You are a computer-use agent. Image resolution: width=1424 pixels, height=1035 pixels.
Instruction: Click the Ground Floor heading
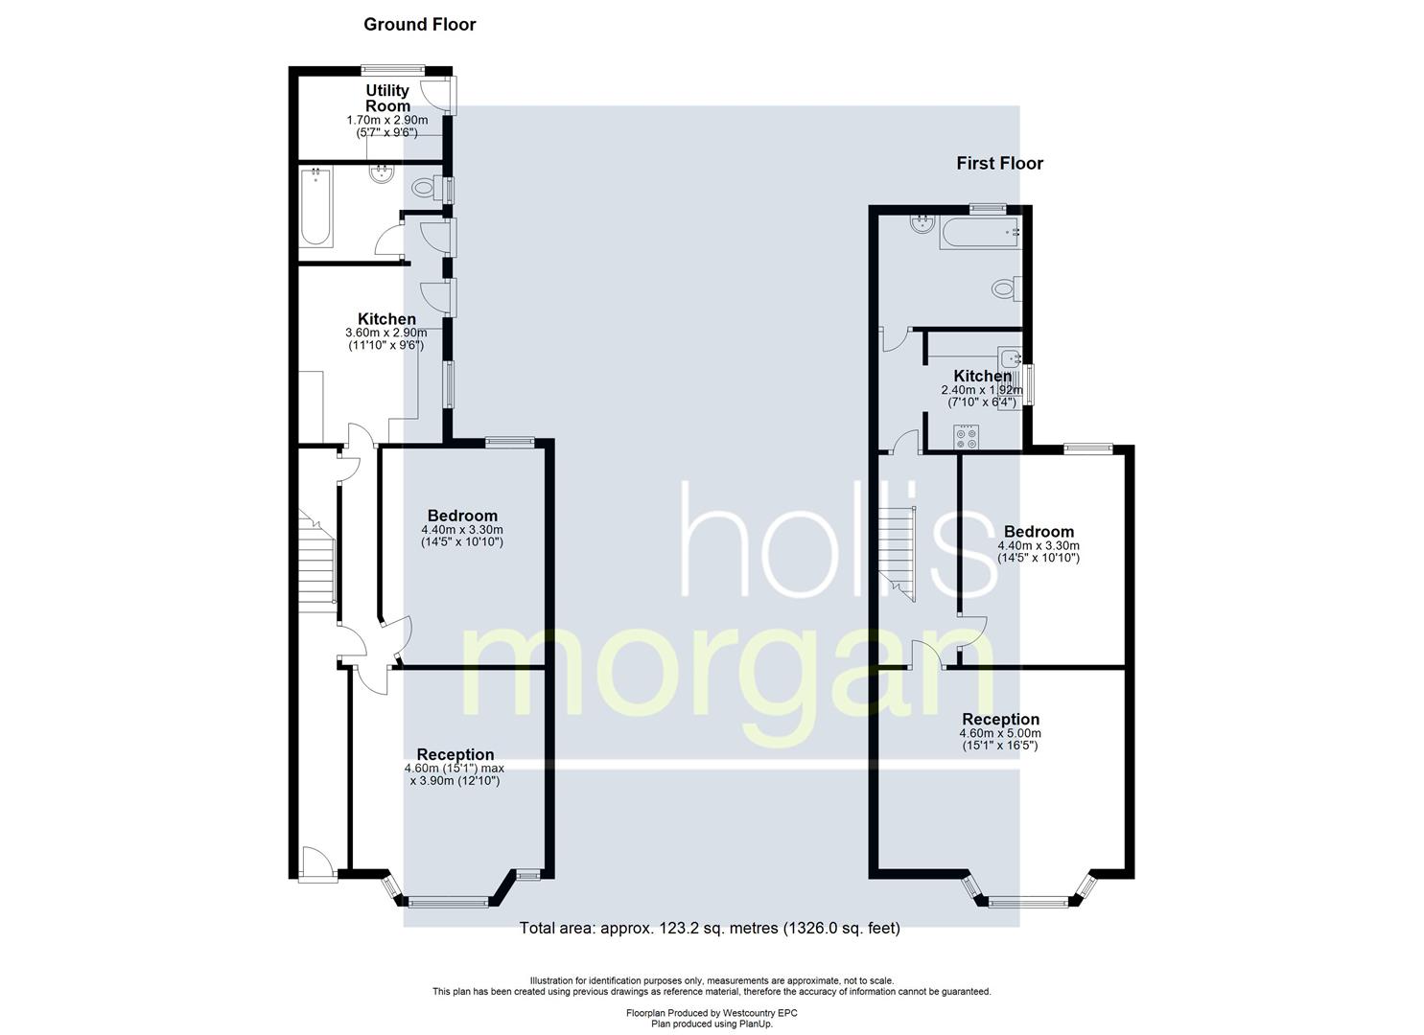click(x=420, y=25)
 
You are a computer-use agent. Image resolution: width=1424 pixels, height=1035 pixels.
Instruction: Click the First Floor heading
click(x=1000, y=164)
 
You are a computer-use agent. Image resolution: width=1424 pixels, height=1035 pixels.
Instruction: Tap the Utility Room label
click(x=387, y=98)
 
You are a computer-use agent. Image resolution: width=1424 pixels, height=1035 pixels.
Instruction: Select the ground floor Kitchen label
click(x=386, y=319)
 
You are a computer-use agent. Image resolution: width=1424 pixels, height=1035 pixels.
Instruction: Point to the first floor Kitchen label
click(x=982, y=376)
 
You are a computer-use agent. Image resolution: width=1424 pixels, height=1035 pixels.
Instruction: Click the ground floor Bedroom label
click(x=462, y=516)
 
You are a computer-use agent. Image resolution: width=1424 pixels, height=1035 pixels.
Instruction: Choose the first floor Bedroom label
click(x=1039, y=532)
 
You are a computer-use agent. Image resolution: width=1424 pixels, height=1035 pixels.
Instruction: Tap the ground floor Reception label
click(x=455, y=755)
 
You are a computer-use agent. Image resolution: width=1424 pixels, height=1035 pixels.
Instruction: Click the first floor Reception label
click(x=1000, y=720)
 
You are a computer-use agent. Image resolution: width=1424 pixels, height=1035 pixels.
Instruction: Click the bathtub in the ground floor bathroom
click(x=315, y=207)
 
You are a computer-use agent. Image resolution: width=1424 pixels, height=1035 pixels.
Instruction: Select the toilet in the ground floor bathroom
click(x=428, y=188)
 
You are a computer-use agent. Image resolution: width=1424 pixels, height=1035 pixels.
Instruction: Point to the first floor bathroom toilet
click(x=1007, y=288)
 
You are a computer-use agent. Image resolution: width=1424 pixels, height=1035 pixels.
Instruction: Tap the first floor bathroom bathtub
click(x=980, y=233)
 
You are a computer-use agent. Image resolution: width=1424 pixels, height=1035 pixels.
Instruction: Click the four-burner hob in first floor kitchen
click(x=967, y=437)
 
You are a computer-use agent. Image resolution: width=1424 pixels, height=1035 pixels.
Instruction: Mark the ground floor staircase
click(x=317, y=561)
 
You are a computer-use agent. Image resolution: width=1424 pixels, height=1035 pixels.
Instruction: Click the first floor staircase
click(x=897, y=553)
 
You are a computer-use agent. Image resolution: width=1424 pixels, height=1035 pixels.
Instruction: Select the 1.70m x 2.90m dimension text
click(x=387, y=120)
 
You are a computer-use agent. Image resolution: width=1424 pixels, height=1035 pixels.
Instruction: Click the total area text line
click(x=710, y=929)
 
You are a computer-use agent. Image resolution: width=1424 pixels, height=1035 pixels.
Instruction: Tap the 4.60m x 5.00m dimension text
click(x=1000, y=733)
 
